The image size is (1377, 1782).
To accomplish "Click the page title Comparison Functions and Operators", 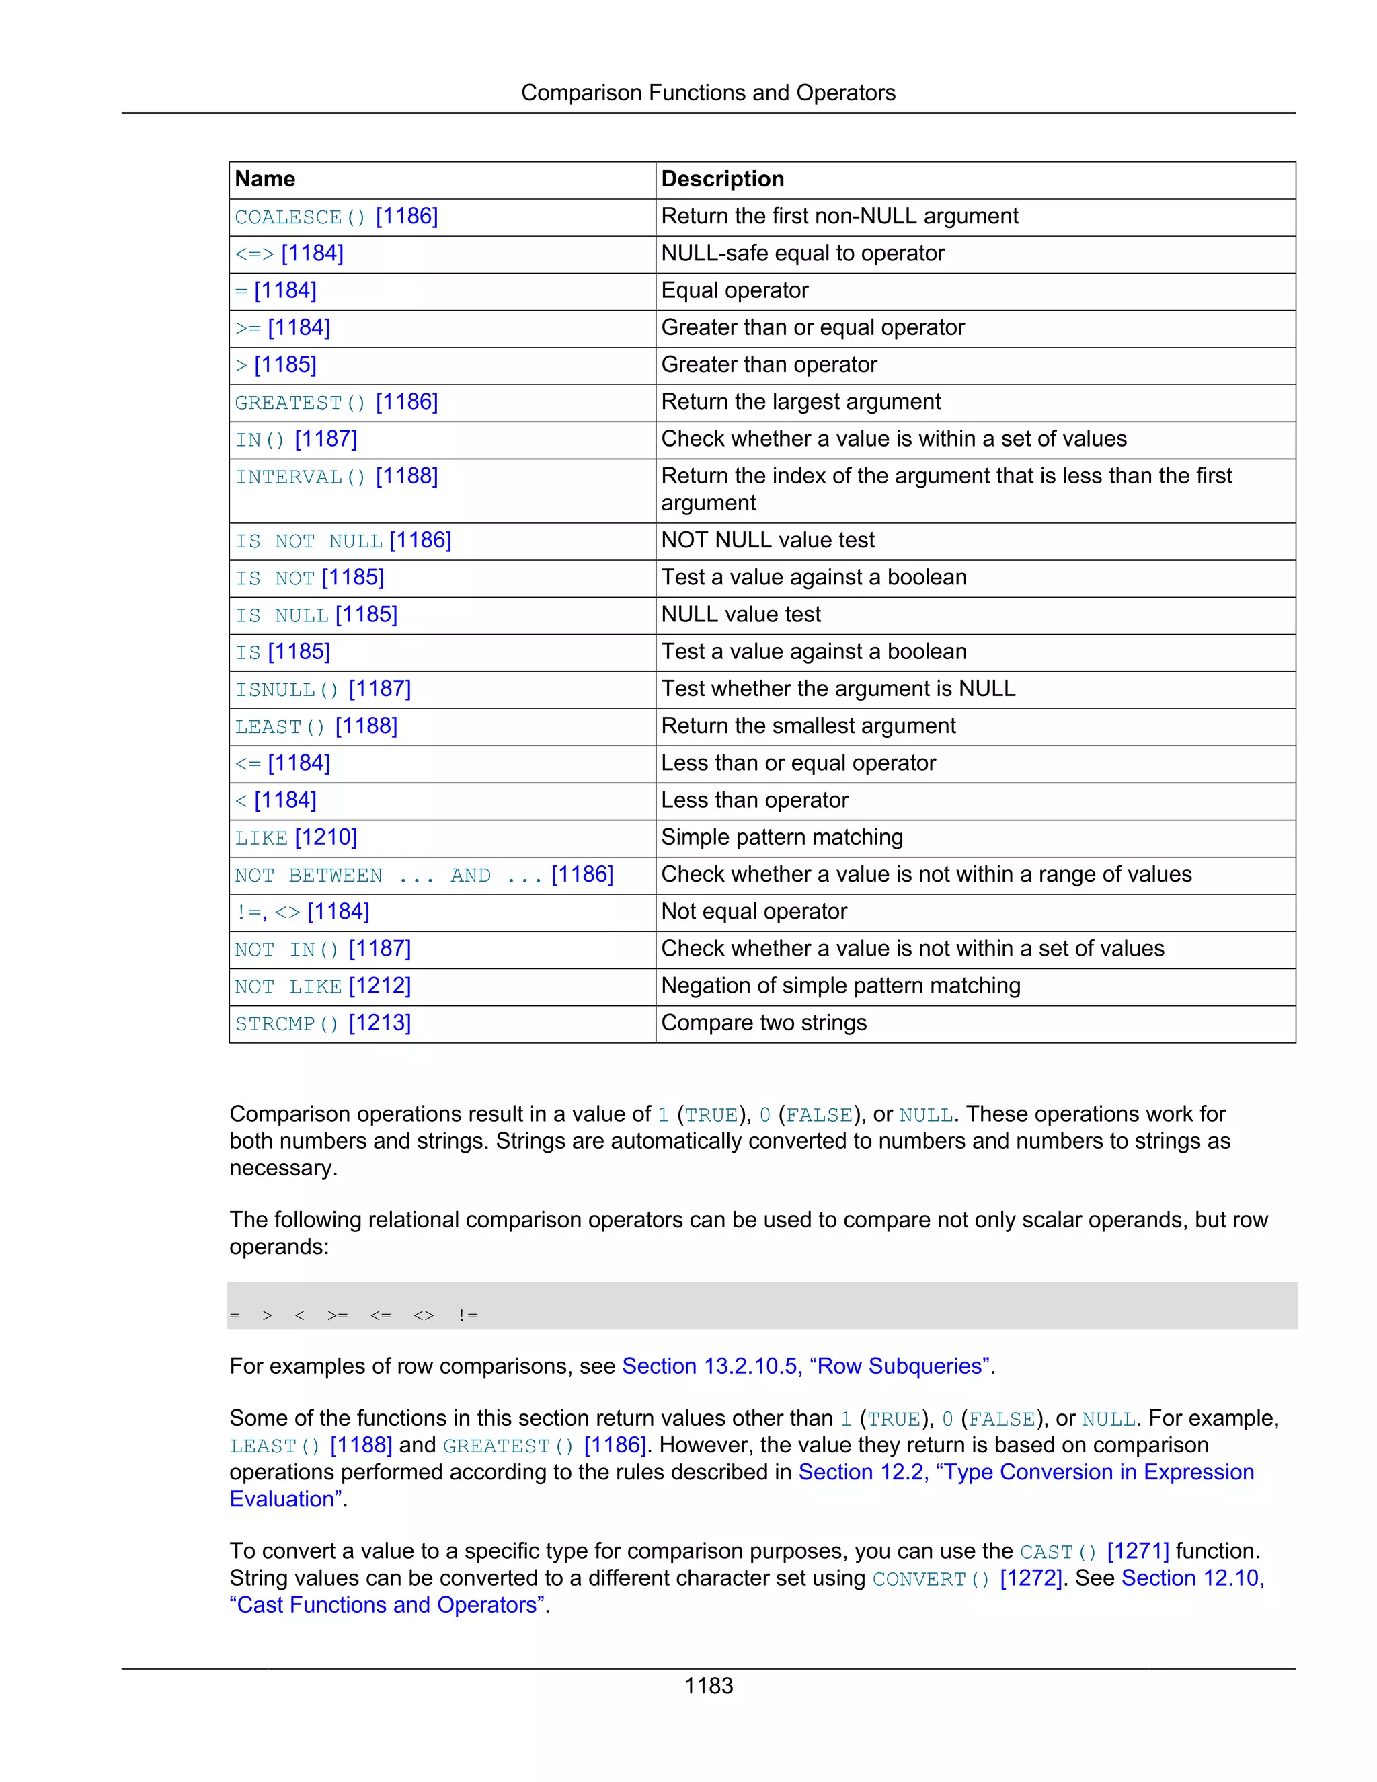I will pyautogui.click(x=707, y=93).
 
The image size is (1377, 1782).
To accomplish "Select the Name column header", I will pyautogui.click(x=265, y=179).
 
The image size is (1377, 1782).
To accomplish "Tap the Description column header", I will pyautogui.click(x=722, y=179).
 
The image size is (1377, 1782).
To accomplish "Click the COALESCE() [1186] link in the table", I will pyautogui.click(x=336, y=217).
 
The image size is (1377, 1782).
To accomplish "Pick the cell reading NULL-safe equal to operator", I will pyautogui.click(x=802, y=254).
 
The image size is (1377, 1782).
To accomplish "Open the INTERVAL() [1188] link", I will pyautogui.click(x=336, y=477).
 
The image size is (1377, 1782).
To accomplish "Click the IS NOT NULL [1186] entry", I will pyautogui.click(x=343, y=540).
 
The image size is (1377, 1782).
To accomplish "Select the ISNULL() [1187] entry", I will pyautogui.click(x=323, y=689).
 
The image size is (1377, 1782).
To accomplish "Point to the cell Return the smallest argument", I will pyautogui.click(x=808, y=726).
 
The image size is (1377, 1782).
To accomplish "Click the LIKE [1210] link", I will pyautogui.click(x=295, y=838).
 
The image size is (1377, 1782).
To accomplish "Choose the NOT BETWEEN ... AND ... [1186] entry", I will pyautogui.click(x=424, y=875).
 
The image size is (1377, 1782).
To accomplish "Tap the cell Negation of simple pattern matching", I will pyautogui.click(x=840, y=986).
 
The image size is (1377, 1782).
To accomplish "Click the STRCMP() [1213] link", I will pyautogui.click(x=323, y=1023).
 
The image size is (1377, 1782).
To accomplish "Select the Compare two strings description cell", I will pyautogui.click(x=764, y=1023).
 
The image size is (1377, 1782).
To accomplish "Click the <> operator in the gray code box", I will pyautogui.click(x=424, y=1315).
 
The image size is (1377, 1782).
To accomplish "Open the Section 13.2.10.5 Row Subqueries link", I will pyautogui.click(x=808, y=1366).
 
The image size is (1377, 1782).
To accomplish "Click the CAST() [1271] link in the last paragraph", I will pyautogui.click(x=1094, y=1551).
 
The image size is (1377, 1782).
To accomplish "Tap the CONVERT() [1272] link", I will pyautogui.click(x=967, y=1578).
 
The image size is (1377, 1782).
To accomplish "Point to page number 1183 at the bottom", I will pyautogui.click(x=708, y=1686).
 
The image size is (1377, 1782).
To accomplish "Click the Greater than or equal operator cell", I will pyautogui.click(x=812, y=328).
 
